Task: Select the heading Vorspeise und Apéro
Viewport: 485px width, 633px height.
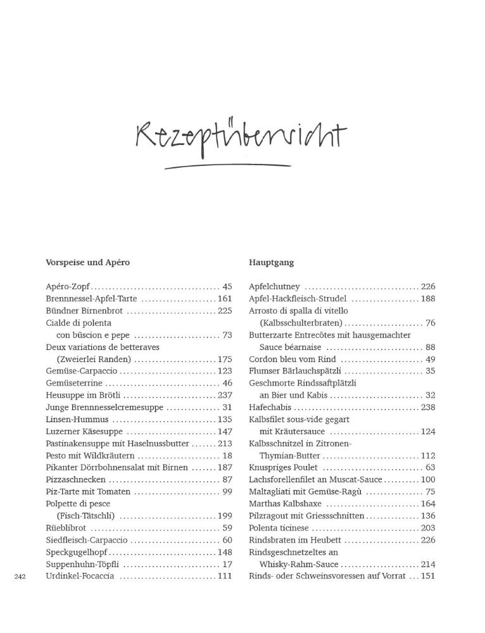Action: click(87, 262)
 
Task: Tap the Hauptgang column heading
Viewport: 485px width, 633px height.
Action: click(271, 262)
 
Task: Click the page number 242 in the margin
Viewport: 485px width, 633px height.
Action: click(19, 577)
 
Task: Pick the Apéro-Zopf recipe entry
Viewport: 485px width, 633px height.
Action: click(68, 287)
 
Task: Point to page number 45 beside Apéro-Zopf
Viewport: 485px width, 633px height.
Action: click(227, 287)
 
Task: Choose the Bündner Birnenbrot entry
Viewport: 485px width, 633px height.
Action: click(84, 311)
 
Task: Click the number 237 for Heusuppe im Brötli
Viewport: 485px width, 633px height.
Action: click(225, 395)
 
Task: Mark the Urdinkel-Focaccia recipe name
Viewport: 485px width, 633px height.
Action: click(80, 576)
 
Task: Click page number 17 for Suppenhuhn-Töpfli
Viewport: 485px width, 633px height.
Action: click(227, 564)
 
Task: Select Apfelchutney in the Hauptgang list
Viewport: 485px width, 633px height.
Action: click(274, 287)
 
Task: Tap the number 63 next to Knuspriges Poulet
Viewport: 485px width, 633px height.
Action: click(430, 468)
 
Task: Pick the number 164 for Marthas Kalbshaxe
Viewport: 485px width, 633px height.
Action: click(428, 504)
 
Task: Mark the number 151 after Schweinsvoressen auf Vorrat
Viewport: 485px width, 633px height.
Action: click(428, 576)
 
